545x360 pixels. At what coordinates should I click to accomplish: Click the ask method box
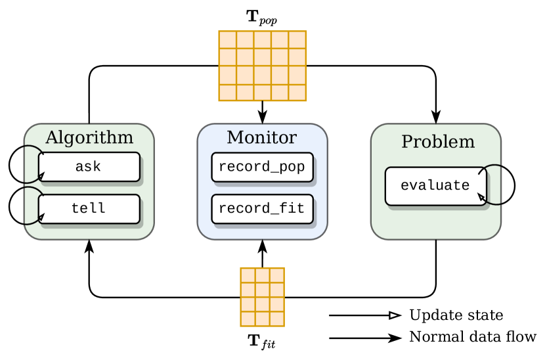tap(89, 167)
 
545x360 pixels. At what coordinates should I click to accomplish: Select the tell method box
tap(89, 209)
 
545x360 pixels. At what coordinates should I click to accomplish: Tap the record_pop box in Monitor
tap(261, 167)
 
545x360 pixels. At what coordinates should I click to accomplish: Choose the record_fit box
tap(261, 209)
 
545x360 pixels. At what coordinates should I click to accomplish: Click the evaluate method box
tap(435, 186)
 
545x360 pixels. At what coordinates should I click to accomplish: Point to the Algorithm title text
tap(89, 138)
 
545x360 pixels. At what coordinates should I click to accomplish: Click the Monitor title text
tap(261, 138)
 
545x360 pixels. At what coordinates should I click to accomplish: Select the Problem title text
tap(437, 141)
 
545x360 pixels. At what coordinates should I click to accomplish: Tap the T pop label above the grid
tap(261, 16)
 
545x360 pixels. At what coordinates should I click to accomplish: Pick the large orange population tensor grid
tap(262, 66)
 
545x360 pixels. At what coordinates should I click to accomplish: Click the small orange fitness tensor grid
tap(262, 297)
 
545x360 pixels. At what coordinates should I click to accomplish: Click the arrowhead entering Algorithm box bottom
tap(89, 246)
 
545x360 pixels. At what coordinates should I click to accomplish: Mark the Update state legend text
tap(456, 315)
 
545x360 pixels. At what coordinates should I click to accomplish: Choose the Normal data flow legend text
tap(472, 338)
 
